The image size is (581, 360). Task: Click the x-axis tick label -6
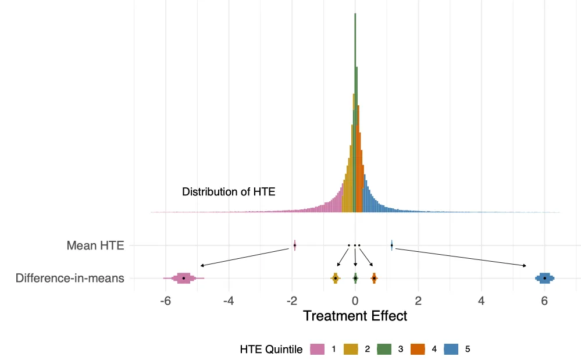[165, 301]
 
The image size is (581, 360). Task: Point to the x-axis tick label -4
[229, 301]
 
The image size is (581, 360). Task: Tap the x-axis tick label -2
[291, 301]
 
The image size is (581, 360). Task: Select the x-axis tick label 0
[355, 301]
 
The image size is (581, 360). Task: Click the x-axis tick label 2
[418, 301]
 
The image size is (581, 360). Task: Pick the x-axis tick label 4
[482, 301]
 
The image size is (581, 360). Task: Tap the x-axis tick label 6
[544, 301]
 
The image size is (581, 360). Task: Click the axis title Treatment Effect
[355, 316]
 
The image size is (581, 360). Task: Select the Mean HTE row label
[95, 245]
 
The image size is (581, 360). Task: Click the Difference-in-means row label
[70, 278]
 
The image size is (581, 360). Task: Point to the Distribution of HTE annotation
[229, 191]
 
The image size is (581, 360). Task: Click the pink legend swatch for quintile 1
[317, 349]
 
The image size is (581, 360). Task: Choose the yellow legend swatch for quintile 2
[351, 349]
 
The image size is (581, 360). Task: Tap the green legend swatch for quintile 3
[384, 349]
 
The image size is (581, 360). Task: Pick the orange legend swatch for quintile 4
[418, 349]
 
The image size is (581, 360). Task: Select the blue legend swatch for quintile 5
[451, 349]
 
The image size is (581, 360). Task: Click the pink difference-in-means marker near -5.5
[183, 278]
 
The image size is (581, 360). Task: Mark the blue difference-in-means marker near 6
[545, 278]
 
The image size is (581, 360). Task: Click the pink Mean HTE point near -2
[295, 245]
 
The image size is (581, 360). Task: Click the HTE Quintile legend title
[271, 350]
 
